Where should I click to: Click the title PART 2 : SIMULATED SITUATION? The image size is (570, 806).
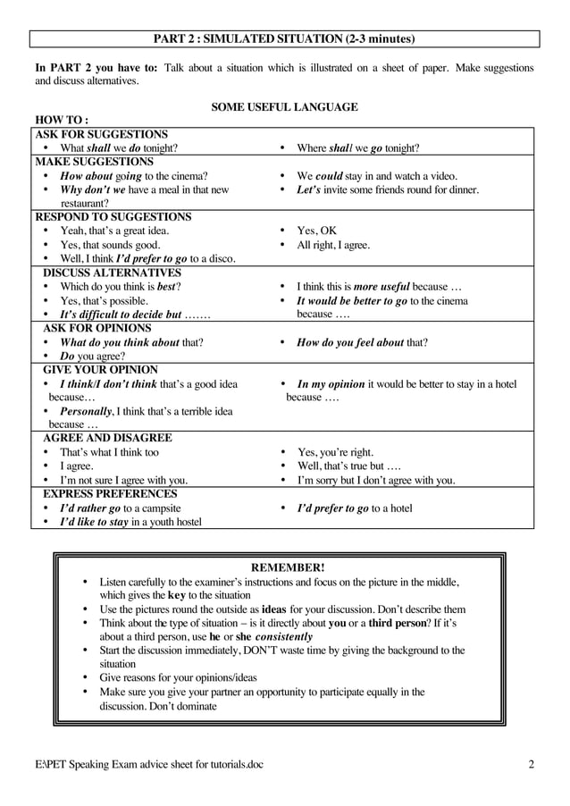pyautogui.click(x=284, y=38)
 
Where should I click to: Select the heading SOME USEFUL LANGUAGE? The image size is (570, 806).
pyautogui.click(x=284, y=107)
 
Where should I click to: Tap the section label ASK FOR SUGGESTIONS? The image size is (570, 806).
pyautogui.click(x=101, y=134)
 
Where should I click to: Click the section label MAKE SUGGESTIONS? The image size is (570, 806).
pyautogui.click(x=94, y=162)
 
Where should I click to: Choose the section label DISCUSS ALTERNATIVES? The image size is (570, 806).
pyautogui.click(x=113, y=273)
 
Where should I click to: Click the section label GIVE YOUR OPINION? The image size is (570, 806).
pyautogui.click(x=101, y=369)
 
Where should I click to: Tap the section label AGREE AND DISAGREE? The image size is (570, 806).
pyautogui.click(x=108, y=438)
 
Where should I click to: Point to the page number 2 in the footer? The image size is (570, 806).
pyautogui.click(x=531, y=764)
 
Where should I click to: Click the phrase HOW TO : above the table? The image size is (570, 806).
pyautogui.click(x=61, y=121)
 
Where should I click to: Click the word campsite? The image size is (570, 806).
pyautogui.click(x=160, y=508)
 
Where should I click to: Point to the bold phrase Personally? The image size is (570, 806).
pyautogui.click(x=86, y=411)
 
